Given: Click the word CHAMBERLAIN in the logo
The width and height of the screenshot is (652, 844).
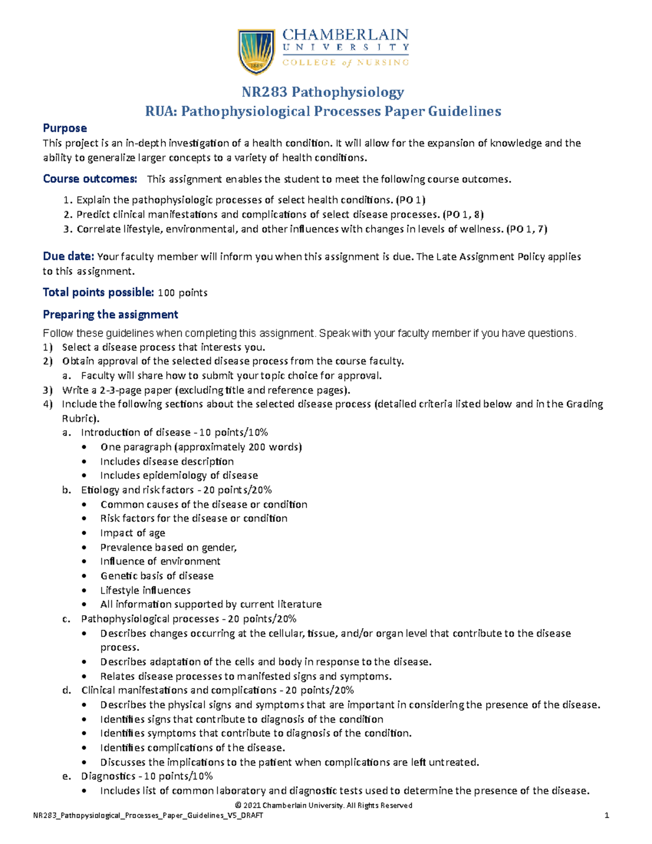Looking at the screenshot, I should (345, 35).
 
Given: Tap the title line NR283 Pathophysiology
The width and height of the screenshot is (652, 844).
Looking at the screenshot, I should (323, 92).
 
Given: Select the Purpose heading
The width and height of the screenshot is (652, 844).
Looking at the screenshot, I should (65, 128).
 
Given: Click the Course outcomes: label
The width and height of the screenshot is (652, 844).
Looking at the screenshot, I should (90, 179).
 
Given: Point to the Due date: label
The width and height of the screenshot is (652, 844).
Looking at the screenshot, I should (68, 257).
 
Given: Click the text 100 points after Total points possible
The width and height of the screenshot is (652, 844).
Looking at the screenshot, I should (183, 293).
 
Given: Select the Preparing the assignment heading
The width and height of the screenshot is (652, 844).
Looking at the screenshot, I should (110, 315).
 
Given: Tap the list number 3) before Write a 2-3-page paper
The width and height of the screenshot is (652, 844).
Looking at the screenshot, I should (48, 390).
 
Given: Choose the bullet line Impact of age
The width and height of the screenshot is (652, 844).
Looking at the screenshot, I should (133, 533).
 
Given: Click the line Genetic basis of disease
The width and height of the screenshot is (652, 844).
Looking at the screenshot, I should (156, 576).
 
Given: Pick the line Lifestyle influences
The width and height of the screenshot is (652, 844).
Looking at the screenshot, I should (145, 590).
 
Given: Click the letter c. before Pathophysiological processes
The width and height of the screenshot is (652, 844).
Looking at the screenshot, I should (66, 618).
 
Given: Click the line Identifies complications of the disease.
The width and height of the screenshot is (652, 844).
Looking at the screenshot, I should (192, 748).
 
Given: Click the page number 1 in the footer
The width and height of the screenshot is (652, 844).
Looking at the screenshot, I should (607, 815).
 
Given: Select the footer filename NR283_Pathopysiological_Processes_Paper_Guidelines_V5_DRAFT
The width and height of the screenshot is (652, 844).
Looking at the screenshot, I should (148, 815).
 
